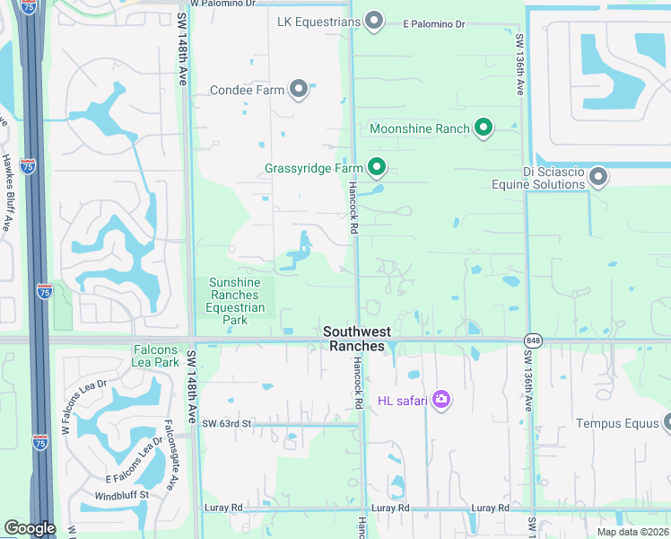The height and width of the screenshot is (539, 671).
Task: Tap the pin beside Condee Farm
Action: tap(299, 89)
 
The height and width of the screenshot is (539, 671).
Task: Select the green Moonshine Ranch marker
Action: tap(484, 128)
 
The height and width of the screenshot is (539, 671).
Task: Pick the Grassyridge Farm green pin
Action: tap(377, 168)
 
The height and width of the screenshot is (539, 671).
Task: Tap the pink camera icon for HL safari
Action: tap(440, 399)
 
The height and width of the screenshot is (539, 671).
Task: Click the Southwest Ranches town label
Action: tap(356, 339)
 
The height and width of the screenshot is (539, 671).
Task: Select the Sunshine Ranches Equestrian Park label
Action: tap(237, 301)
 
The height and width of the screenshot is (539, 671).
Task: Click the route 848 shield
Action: tap(535, 340)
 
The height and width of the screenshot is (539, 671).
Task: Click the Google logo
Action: tap(30, 528)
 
